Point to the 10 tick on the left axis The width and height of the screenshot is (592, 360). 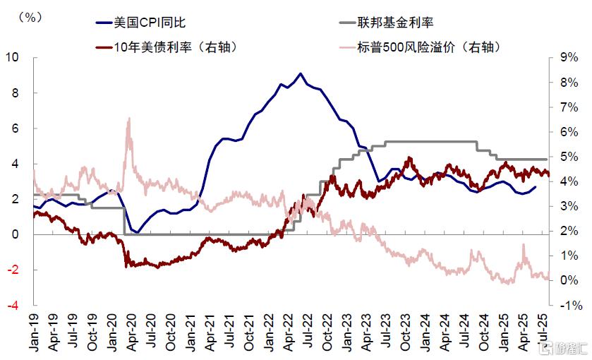(12, 57)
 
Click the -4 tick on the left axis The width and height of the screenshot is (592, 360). (12, 305)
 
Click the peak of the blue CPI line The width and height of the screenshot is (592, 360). (301, 73)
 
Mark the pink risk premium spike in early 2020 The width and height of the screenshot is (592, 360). (128, 119)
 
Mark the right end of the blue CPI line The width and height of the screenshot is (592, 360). (535, 186)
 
